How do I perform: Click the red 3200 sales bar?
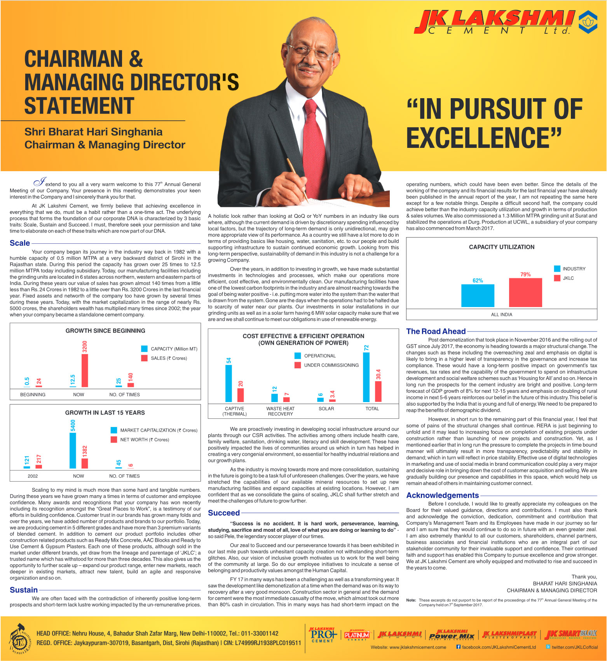point(85,371)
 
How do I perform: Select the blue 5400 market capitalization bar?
point(73,451)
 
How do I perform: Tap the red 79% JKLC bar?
point(525,293)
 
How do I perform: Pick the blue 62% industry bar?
point(478,296)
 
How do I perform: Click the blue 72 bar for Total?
point(366,377)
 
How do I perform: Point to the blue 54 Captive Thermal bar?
point(228,383)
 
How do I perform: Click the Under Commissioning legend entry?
point(327,365)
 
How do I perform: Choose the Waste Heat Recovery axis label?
point(280,411)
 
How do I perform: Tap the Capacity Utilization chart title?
point(502,247)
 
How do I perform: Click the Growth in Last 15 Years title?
point(105,413)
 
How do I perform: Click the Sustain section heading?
point(24,590)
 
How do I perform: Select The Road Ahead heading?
point(436,331)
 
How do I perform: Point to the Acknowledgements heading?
point(443,495)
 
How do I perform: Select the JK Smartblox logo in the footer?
point(570,635)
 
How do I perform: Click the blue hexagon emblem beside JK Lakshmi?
point(588,22)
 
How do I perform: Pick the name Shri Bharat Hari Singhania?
point(93,132)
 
